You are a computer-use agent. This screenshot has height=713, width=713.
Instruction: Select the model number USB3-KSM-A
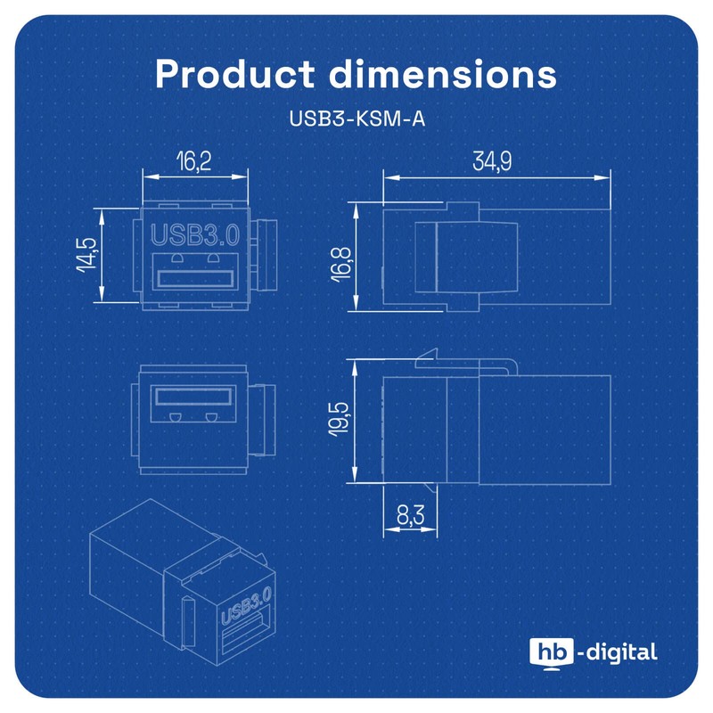[356, 119]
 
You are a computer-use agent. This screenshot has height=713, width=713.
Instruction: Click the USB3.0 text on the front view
[196, 236]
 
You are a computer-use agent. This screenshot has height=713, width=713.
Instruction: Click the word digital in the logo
[622, 652]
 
